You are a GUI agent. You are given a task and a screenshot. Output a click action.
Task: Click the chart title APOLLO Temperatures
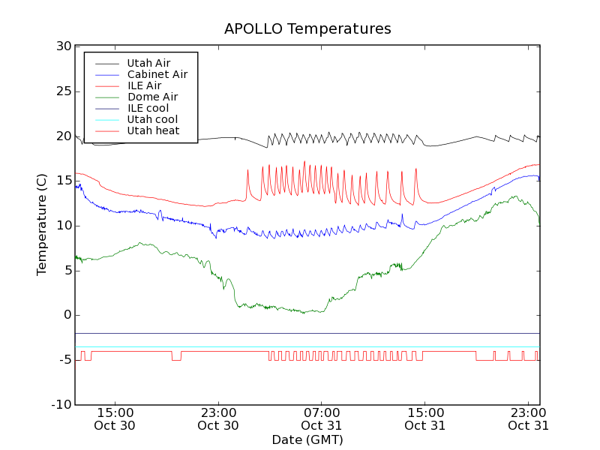pos(307,29)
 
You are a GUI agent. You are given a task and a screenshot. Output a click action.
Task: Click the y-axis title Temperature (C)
pos(42,224)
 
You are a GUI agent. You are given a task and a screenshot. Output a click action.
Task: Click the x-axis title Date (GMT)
pos(307,439)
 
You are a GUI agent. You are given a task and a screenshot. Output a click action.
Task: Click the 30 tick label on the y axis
pos(63,46)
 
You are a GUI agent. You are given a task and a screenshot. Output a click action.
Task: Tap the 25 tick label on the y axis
pos(63,91)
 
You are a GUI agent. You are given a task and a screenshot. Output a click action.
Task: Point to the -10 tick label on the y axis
pos(60,405)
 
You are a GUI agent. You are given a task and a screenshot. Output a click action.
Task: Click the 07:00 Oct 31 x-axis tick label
pos(322,418)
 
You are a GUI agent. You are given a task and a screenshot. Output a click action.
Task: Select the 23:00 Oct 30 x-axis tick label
pos(218,418)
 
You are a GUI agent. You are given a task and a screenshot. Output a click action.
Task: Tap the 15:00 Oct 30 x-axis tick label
pos(115,418)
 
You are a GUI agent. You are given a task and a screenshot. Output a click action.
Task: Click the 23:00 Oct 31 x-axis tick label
pos(529,418)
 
